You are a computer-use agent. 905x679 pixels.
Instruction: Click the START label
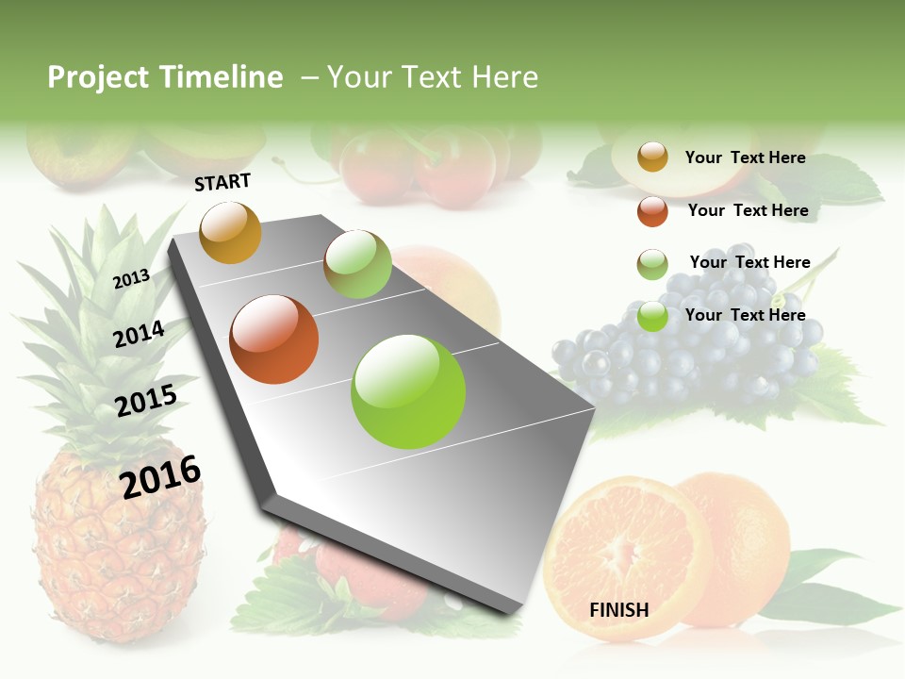[222, 181]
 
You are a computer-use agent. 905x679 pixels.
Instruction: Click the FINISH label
[618, 610]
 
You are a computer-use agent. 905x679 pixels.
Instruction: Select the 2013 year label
[131, 278]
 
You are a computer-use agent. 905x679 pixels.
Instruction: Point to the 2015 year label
[145, 401]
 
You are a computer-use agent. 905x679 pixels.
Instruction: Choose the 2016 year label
[160, 477]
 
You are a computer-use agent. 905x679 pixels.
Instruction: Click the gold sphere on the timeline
[230, 232]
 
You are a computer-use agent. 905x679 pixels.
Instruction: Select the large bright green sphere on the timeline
[408, 391]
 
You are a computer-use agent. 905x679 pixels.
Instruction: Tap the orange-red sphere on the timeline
[274, 339]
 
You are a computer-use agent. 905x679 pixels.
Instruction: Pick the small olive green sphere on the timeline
[357, 264]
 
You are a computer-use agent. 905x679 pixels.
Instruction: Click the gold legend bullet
[652, 157]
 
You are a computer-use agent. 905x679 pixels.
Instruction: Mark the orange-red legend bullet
[652, 211]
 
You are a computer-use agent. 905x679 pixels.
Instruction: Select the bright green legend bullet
[652, 316]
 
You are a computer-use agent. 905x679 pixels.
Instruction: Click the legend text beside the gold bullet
[745, 157]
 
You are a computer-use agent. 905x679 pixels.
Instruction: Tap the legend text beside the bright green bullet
[745, 315]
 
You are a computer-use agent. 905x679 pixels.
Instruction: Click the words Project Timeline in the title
[165, 77]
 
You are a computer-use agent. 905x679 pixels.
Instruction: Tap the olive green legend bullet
[652, 264]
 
